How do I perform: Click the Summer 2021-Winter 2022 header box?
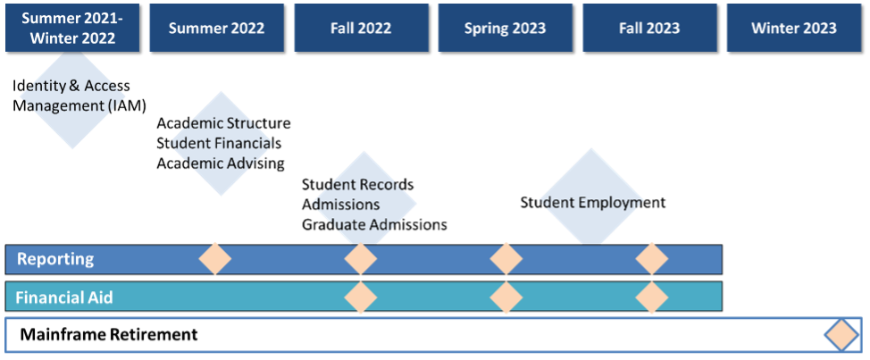click(72, 28)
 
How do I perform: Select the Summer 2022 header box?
click(216, 28)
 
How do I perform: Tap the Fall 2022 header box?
click(361, 28)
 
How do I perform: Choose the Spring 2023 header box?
click(506, 28)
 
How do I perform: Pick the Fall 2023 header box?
click(650, 28)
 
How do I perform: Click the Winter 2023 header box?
click(794, 28)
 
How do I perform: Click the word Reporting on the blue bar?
click(54, 259)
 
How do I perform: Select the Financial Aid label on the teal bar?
click(64, 297)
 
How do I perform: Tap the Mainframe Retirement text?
click(108, 335)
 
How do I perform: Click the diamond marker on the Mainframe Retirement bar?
click(841, 335)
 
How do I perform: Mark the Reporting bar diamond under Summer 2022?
click(215, 259)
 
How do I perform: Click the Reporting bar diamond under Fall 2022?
click(361, 259)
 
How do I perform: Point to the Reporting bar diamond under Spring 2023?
click(506, 259)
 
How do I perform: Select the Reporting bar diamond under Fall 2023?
click(651, 259)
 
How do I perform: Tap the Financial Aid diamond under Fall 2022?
click(361, 297)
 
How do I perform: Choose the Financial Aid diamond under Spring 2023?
click(506, 297)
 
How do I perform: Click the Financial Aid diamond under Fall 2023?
click(651, 297)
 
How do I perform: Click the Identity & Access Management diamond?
click(72, 96)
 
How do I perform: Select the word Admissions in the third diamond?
click(343, 205)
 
